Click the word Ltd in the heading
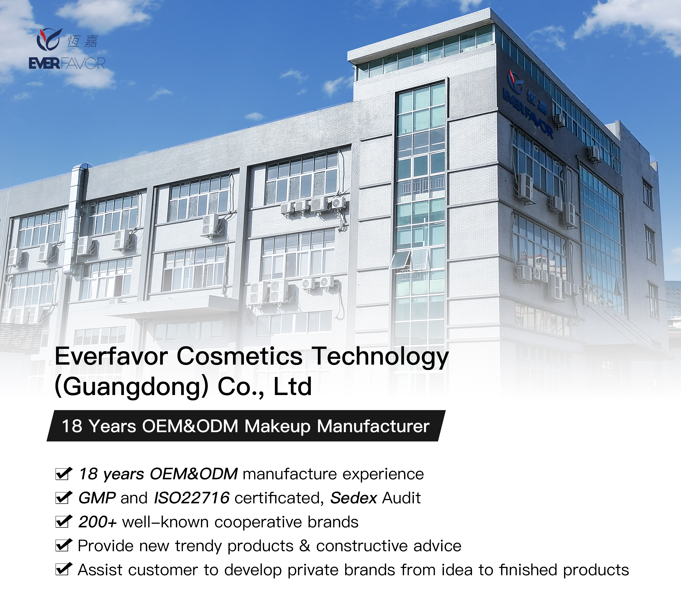[x=293, y=386]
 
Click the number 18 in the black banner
[x=72, y=426]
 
